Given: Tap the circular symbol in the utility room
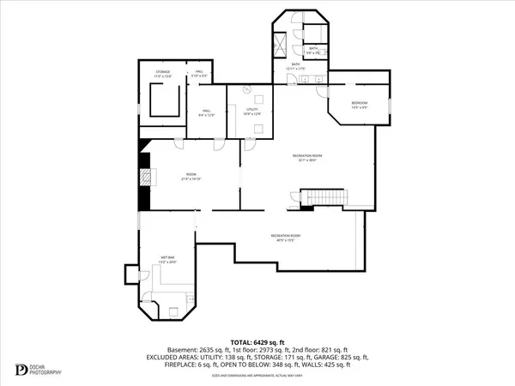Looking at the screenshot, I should [x=246, y=88].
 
